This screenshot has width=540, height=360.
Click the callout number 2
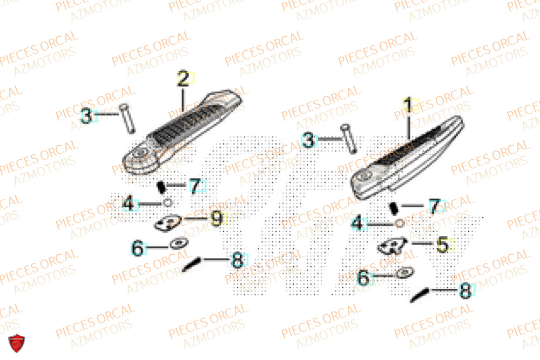click(184, 79)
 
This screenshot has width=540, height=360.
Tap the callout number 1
click(409, 104)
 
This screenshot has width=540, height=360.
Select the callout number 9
click(216, 219)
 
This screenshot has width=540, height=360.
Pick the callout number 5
click(443, 245)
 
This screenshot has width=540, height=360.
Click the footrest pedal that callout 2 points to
click(178, 130)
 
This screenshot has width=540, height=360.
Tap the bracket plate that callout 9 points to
click(168, 222)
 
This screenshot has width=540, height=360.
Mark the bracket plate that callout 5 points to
click(392, 246)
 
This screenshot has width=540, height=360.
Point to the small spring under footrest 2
click(160, 187)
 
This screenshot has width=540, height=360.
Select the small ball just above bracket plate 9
click(167, 202)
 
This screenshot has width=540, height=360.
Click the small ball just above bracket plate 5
click(399, 223)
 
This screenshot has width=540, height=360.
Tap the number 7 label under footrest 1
click(435, 206)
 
